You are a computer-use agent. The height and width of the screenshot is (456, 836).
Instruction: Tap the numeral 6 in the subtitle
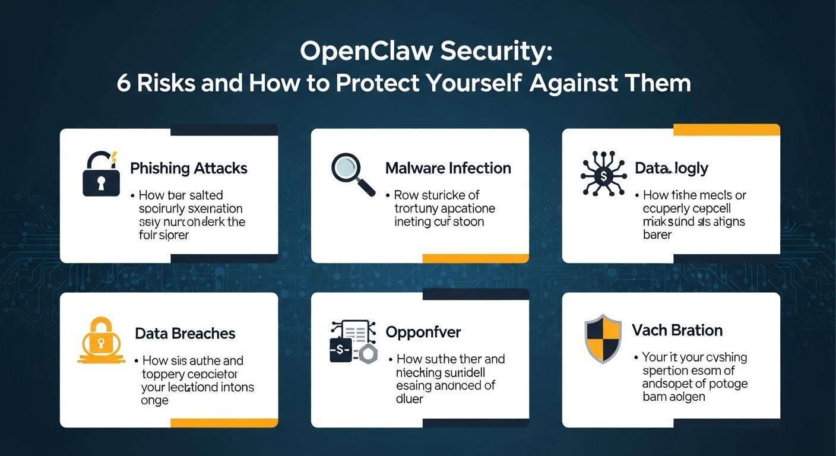pos(123,83)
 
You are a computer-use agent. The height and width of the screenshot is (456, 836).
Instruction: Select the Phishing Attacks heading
pos(188,168)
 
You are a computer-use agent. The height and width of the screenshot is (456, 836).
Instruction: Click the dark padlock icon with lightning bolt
pos(99,173)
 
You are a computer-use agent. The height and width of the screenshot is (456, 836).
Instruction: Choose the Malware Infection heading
pos(448,168)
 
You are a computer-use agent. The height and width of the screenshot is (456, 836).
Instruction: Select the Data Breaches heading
pos(185,333)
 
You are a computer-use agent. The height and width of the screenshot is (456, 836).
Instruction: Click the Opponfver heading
pos(423,332)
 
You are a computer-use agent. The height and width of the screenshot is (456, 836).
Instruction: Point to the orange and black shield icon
pos(603,338)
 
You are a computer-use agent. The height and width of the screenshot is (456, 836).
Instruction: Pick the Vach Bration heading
pos(677,330)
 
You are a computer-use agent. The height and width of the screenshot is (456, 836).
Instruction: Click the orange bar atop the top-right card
pos(726,129)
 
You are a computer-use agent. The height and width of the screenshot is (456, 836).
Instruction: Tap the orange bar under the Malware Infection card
pos(475,258)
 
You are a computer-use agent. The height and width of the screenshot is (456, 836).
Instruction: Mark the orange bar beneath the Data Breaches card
pos(224,423)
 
